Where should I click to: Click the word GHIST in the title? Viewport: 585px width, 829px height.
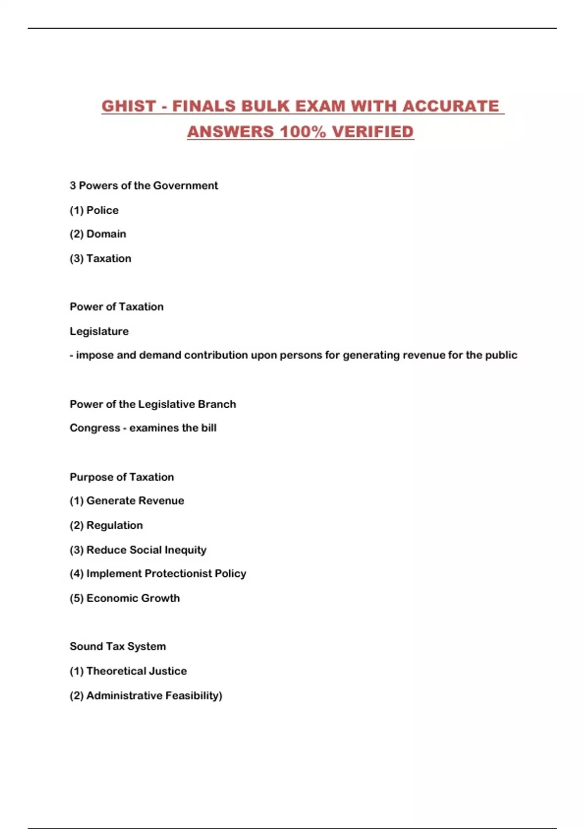click(128, 106)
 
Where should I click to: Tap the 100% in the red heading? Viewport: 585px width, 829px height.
click(303, 132)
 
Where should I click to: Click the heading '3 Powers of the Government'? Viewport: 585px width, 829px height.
click(144, 186)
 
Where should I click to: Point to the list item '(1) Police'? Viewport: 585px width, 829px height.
click(94, 210)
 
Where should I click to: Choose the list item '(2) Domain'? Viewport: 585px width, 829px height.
click(98, 234)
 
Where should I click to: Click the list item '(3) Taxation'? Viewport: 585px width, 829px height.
click(100, 258)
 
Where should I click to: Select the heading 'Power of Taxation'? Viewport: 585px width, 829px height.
click(117, 307)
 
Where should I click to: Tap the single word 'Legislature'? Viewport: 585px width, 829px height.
click(99, 332)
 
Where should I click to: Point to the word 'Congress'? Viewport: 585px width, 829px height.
click(95, 428)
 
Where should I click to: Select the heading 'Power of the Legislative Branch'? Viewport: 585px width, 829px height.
click(153, 404)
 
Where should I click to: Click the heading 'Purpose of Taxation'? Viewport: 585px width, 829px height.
click(122, 477)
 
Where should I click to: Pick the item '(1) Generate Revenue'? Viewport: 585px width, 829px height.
click(127, 501)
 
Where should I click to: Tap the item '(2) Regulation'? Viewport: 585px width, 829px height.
click(106, 525)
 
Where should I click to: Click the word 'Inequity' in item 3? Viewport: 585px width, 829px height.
click(185, 550)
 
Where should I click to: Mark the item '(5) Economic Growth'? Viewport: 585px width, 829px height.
click(125, 598)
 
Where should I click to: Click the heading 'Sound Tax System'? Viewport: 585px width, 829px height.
click(117, 647)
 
